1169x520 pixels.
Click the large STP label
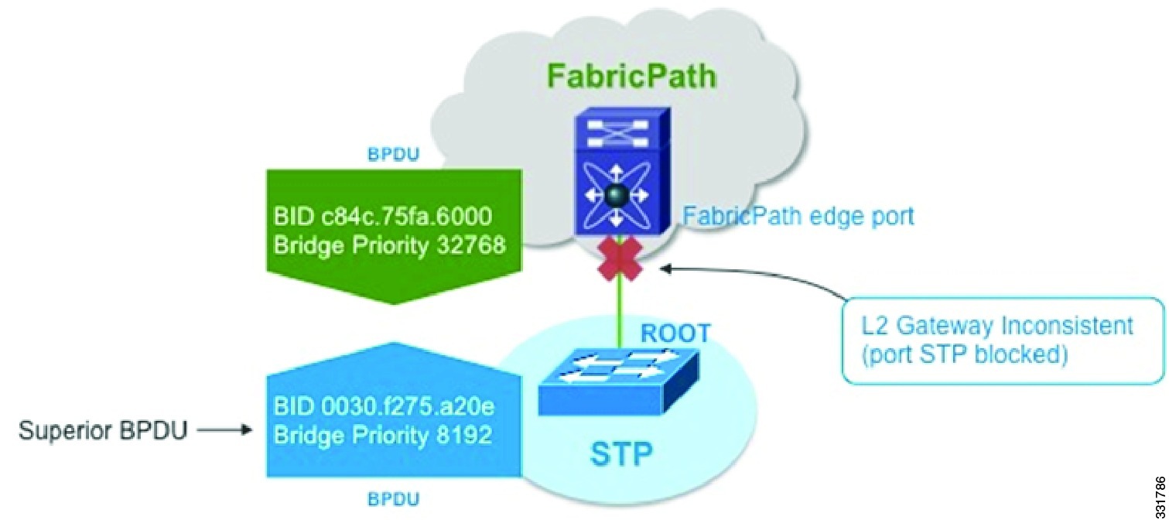pyautogui.click(x=622, y=453)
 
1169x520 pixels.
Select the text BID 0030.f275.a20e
pyautogui.click(x=384, y=407)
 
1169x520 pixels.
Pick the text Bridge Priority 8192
pyautogui.click(x=384, y=435)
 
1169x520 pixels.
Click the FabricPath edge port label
pyautogui.click(x=798, y=215)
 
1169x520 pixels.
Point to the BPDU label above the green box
pyautogui.click(x=394, y=154)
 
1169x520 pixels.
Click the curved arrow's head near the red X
pyautogui.click(x=664, y=270)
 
